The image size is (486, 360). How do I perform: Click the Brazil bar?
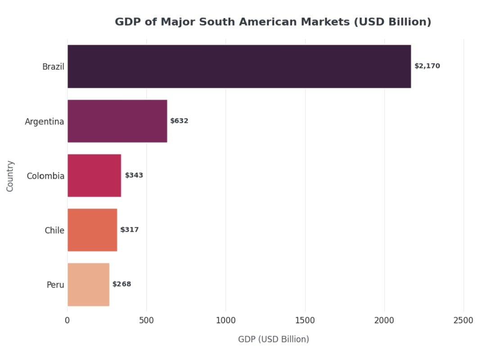tap(239, 66)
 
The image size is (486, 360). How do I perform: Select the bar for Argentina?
tap(117, 121)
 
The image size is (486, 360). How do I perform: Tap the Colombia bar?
tap(94, 175)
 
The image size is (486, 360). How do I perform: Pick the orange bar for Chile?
tap(92, 230)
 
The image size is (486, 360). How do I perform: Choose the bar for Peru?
tap(88, 284)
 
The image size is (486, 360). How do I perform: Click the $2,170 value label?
tap(427, 66)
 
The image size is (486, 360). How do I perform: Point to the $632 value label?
tap(179, 121)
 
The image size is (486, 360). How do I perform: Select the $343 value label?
tap(134, 175)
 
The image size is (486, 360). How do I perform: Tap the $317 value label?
tap(130, 230)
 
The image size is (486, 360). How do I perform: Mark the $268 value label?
tap(122, 284)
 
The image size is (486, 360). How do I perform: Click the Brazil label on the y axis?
tap(53, 67)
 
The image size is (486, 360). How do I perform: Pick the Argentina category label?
tap(44, 121)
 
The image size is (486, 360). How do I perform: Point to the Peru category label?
tap(55, 285)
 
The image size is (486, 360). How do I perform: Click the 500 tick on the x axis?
tap(146, 320)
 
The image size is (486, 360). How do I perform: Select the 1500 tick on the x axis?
tap(305, 320)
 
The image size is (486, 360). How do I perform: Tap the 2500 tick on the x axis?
tap(463, 320)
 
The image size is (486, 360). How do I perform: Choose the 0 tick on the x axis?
tap(67, 320)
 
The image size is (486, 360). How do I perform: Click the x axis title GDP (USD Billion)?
tap(274, 339)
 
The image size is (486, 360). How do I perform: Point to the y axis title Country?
tap(10, 176)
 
